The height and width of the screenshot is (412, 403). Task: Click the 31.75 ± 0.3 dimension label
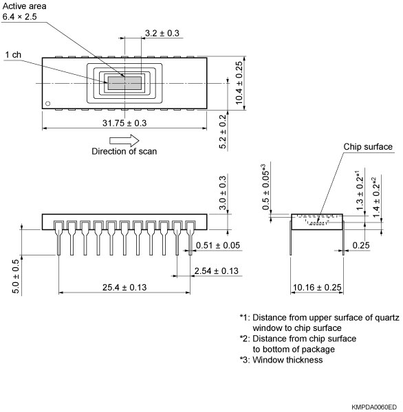124,123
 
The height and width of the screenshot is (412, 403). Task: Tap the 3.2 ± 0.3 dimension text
162,33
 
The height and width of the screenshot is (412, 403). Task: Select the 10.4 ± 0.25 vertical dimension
239,83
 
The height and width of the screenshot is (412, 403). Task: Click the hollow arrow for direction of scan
124,139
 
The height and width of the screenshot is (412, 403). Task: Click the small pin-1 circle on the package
47,104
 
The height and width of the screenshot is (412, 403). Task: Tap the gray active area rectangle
124,83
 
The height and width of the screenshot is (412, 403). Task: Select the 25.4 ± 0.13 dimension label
124,286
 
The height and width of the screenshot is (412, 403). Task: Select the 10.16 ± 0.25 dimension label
317,286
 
